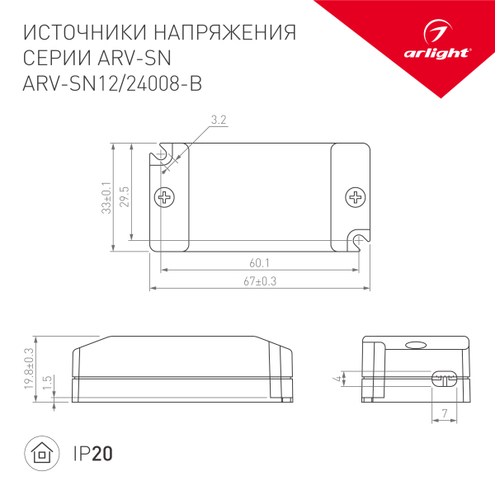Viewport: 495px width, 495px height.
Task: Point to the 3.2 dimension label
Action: (x=219, y=120)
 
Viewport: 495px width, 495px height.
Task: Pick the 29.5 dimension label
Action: (x=125, y=198)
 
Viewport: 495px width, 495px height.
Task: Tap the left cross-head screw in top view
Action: (x=165, y=197)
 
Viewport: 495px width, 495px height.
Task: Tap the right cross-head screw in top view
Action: (x=356, y=197)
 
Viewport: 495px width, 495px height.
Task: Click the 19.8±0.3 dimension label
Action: (x=28, y=369)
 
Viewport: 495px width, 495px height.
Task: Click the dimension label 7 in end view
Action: (x=445, y=412)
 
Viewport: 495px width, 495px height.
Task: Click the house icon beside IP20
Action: (x=40, y=453)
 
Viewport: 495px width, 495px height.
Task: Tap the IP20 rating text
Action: (x=92, y=453)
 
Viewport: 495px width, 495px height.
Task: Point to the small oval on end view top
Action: (x=417, y=347)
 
